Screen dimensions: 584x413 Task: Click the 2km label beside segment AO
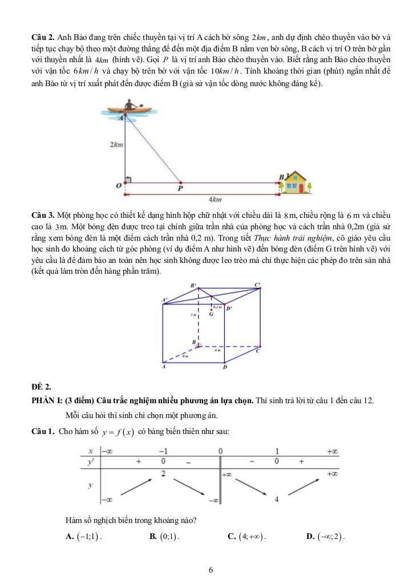116,145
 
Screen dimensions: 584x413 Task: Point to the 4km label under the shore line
214,200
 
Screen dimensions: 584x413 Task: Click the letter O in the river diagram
118,186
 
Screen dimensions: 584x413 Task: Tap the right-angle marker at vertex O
128,180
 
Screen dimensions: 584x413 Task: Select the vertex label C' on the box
258,284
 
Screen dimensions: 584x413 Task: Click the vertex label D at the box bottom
225,367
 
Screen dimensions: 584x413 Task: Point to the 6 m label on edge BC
217,351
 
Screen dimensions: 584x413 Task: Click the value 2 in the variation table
163,473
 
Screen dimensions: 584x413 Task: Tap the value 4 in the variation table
276,500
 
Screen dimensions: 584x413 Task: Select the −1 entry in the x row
163,451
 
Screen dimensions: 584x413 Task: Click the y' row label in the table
90,461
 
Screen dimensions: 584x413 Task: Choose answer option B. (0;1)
164,536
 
